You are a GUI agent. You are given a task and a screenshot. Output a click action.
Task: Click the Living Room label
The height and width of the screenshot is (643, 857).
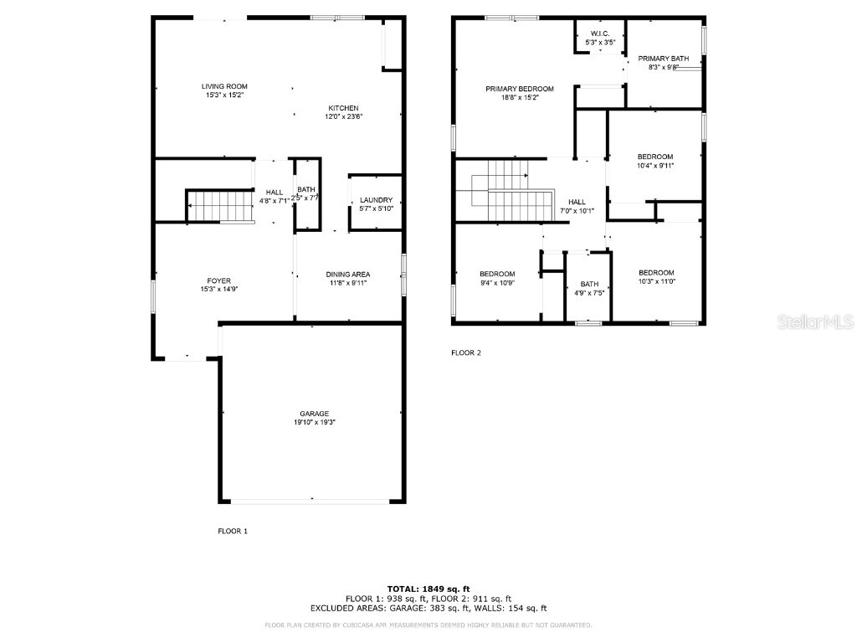pyautogui.click(x=224, y=86)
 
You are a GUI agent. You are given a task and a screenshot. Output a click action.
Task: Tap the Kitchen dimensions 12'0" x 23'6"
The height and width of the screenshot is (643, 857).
pyautogui.click(x=343, y=116)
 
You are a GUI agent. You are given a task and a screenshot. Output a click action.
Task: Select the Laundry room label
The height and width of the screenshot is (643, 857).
pyautogui.click(x=376, y=199)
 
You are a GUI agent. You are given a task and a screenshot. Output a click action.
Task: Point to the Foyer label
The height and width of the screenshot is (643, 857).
pyautogui.click(x=219, y=280)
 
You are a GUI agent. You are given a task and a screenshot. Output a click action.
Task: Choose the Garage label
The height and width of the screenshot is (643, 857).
pyautogui.click(x=315, y=414)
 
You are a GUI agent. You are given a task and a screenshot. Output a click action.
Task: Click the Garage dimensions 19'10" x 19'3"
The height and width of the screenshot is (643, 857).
pyautogui.click(x=315, y=422)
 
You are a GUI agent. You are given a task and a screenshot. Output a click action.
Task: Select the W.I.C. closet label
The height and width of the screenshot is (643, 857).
pyautogui.click(x=600, y=33)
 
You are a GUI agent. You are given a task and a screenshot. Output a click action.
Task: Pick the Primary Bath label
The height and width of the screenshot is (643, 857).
pyautogui.click(x=663, y=59)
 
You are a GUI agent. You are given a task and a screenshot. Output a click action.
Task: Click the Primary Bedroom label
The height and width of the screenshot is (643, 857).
pyautogui.click(x=520, y=89)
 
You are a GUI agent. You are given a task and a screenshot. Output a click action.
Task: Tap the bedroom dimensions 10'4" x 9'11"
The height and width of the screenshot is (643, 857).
pyautogui.click(x=654, y=165)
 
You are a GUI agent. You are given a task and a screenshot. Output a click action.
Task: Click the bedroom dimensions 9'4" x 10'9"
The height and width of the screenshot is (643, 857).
pyautogui.click(x=496, y=282)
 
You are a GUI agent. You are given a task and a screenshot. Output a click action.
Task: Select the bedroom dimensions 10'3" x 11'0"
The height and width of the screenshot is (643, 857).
pyautogui.click(x=655, y=282)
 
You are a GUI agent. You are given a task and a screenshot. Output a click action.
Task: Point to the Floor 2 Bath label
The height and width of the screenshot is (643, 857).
pyautogui.click(x=589, y=284)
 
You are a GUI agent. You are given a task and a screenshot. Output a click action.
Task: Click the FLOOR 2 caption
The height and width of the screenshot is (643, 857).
pyautogui.click(x=466, y=352)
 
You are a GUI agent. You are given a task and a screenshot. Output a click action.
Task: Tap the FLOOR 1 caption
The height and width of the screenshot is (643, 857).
pyautogui.click(x=233, y=531)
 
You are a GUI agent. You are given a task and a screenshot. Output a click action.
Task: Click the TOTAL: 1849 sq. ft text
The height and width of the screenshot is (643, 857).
pyautogui.click(x=428, y=589)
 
